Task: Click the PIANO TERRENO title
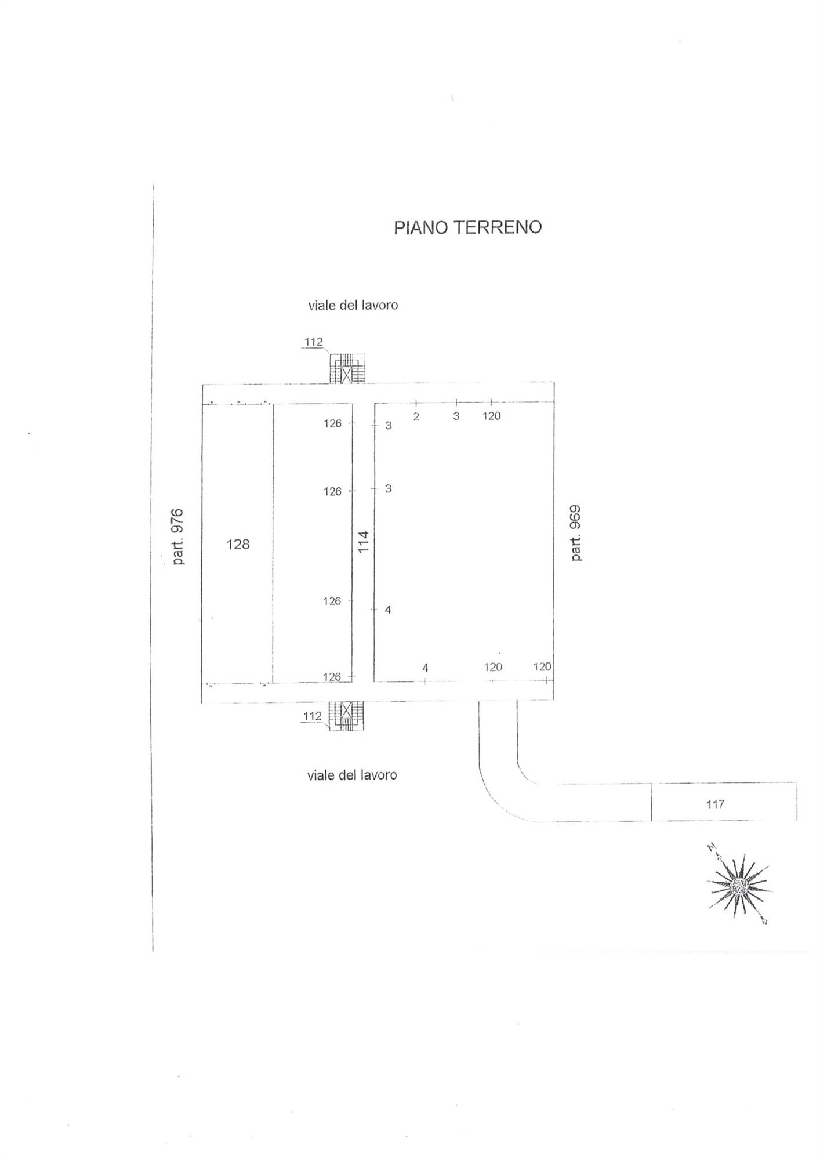coord(467,227)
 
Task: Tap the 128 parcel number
coord(238,544)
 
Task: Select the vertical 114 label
coord(363,542)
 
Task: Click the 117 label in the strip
coord(715,804)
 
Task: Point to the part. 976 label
coord(177,536)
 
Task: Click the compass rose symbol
coord(739,885)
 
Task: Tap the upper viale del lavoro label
coord(353,305)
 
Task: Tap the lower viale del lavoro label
coord(352,775)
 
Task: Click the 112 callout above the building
coord(313,342)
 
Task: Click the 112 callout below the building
coord(312,716)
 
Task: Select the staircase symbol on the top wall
coord(347,369)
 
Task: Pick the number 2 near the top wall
coord(416,416)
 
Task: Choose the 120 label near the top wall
coord(491,416)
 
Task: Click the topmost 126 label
coord(332,423)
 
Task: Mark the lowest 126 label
coord(332,677)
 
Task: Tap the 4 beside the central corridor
coord(388,610)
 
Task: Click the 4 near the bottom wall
coord(425,668)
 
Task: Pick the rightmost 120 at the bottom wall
coord(542,667)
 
